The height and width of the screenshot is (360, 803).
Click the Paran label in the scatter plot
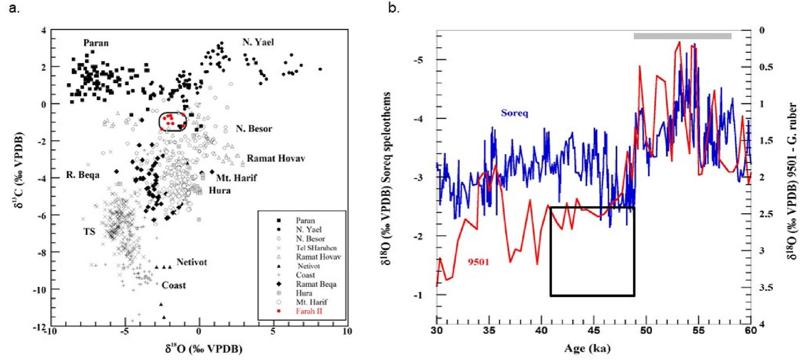pos(96,43)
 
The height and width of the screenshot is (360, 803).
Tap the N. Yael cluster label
pos(258,42)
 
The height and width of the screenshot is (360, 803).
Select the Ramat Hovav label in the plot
pos(276,158)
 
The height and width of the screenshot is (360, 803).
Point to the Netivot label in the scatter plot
pos(192,262)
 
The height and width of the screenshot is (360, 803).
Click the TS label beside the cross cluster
pos(89,231)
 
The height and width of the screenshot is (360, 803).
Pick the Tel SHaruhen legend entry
pos(316,248)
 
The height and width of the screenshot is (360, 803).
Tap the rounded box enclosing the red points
pos(172,122)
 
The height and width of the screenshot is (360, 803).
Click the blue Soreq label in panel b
pos(514,113)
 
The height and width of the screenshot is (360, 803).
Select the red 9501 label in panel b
pos(479,263)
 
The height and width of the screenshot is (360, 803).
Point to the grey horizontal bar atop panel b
pos(682,36)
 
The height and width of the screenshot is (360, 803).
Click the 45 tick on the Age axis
pos(593,330)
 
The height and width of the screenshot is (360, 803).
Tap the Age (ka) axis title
pos(593,348)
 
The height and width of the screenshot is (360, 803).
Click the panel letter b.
pos(393,8)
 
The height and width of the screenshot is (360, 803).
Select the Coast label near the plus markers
pos(174,285)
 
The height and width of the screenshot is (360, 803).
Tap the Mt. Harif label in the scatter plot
pos(236,178)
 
